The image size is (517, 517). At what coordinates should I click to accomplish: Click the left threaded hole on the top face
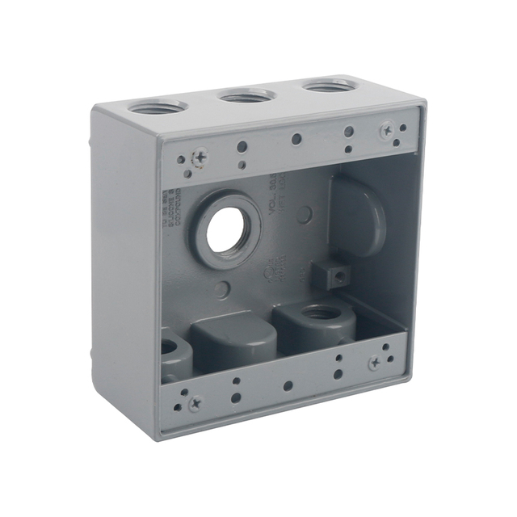(158, 107)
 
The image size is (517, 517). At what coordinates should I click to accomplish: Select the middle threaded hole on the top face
(248, 95)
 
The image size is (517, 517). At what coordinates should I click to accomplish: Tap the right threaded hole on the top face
(329, 85)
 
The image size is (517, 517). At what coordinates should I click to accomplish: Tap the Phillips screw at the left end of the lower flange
(194, 401)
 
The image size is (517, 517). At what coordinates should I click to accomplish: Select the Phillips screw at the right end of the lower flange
(376, 363)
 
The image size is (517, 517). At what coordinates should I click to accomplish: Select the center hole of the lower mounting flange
(288, 385)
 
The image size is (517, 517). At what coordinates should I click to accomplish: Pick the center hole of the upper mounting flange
(296, 139)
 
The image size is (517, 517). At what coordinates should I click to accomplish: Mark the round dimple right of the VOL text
(305, 214)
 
